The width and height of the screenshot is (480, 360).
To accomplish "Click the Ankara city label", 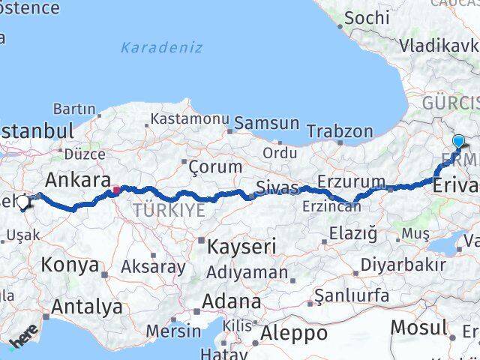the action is point(73,180).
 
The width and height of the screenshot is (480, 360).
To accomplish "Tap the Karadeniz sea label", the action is point(162,47).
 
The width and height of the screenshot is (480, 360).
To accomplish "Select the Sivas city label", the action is point(277,187).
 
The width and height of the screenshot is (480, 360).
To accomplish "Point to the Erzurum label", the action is point(351,182).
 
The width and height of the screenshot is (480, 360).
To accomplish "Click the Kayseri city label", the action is point(232,245).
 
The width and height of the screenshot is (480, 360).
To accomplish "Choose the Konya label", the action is point(70,265).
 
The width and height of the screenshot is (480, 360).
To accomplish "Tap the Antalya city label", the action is point(87,306).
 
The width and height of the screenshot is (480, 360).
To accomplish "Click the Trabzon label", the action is point(340,131).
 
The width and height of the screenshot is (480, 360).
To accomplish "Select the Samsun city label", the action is point(266,123).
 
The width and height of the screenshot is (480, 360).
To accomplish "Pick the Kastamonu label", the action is point(190,119).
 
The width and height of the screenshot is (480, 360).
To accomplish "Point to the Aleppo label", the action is point(295,332).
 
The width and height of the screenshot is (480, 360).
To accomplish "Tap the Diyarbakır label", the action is point(403,265).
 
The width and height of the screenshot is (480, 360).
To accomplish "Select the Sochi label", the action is point(367,16).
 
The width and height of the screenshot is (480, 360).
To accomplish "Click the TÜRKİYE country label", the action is point(168,210).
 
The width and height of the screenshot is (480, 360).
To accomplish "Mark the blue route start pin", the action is point(458,140).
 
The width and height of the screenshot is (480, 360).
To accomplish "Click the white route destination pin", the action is point(24,202).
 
